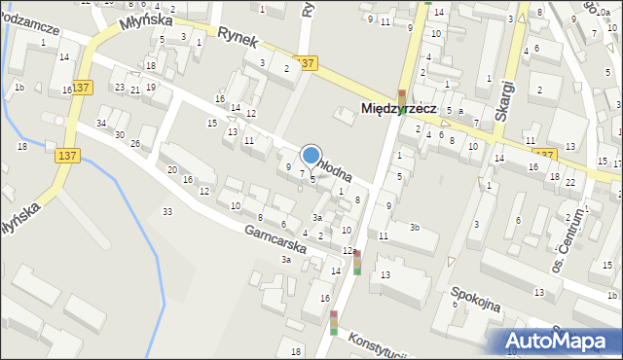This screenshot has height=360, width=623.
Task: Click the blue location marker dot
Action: pyautogui.click(x=311, y=155)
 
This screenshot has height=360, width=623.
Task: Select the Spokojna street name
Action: pyautogui.click(x=475, y=300)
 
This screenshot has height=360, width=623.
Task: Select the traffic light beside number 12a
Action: pyautogui.click(x=357, y=262)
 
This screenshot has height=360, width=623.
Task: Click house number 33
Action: pyautogui.click(x=167, y=211)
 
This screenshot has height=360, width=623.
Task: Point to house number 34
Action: pyautogui.click(x=101, y=123)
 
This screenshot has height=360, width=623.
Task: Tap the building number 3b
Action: pyautogui.click(x=414, y=228)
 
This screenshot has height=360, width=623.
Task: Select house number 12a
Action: pyautogui.click(x=348, y=251)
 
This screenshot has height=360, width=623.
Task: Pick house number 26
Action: pyautogui.click(x=135, y=144)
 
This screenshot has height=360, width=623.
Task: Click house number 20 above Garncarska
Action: pyautogui.click(x=171, y=170)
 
